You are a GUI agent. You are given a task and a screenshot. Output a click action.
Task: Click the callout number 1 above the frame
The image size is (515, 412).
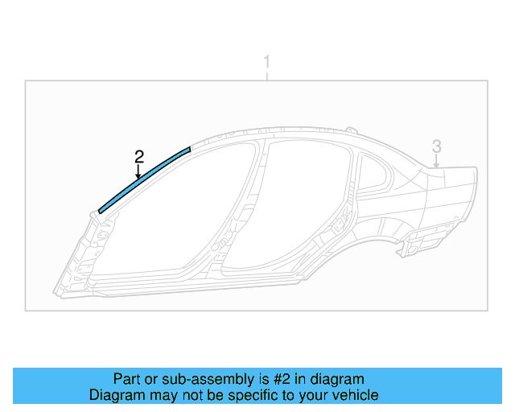pos(267,62)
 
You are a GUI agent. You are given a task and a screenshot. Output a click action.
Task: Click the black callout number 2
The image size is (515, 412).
pos(139,157)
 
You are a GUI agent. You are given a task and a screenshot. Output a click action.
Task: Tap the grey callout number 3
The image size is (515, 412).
pos(436,146)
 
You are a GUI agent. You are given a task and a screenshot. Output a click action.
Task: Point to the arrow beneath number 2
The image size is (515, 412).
pos(138,171)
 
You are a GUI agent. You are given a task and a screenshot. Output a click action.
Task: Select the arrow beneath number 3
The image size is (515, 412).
pos(436,161)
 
